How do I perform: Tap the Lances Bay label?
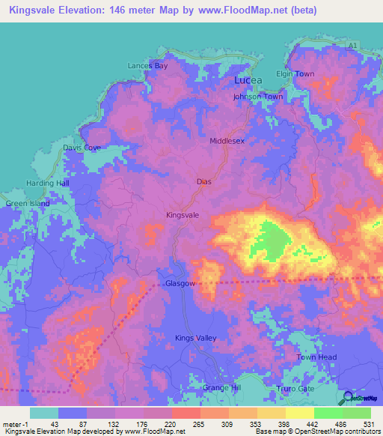[x=147, y=66]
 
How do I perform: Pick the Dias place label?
[x=205, y=181]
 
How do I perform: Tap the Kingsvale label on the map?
[x=182, y=215]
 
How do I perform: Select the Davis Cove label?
[x=82, y=148]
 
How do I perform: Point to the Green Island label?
[x=27, y=203]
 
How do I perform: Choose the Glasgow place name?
[x=180, y=285]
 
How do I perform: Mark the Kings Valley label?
[x=195, y=339]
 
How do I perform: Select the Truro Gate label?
[x=305, y=388]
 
